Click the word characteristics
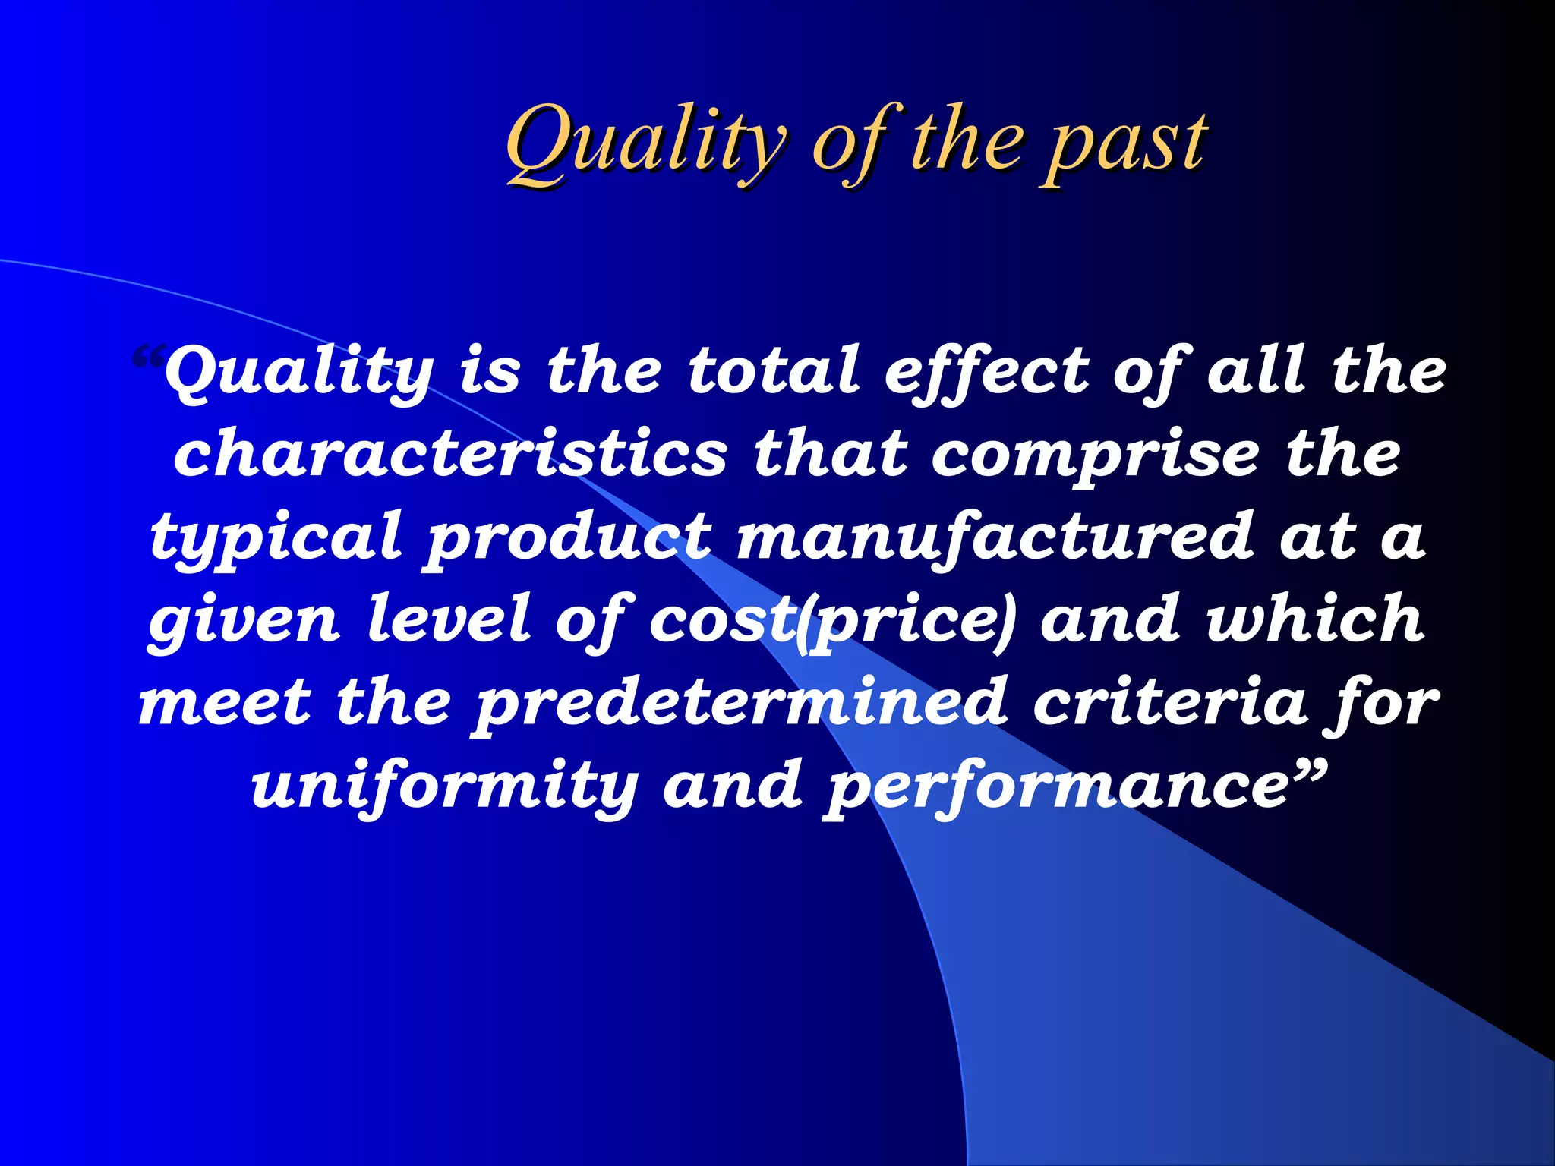[450, 454]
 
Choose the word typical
[275, 537]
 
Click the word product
[569, 537]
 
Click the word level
[448, 619]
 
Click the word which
[1315, 619]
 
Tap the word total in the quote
[773, 372]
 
